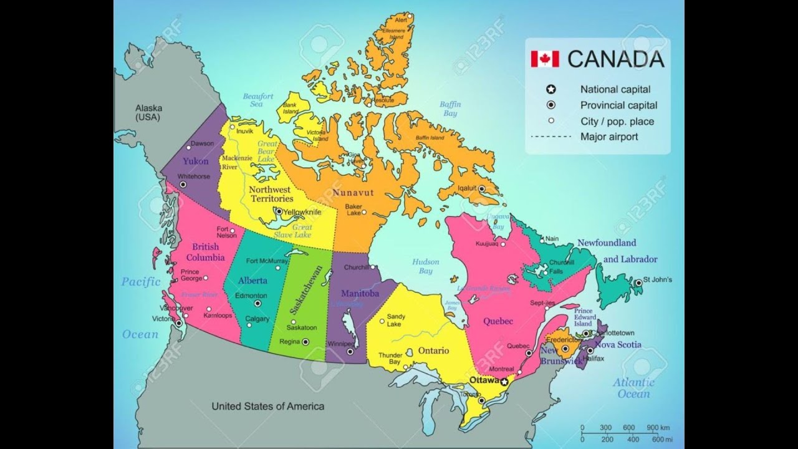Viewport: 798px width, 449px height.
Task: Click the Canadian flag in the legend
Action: (545, 59)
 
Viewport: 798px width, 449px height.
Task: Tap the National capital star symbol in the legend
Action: (550, 90)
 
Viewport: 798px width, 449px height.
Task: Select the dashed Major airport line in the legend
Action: (550, 137)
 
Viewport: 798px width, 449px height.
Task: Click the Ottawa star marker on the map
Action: (504, 382)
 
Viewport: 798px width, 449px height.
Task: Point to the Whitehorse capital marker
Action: (183, 185)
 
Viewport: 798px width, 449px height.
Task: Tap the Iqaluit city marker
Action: (481, 188)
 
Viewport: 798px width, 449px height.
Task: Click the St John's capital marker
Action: (638, 283)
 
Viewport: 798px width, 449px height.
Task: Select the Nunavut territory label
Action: (353, 193)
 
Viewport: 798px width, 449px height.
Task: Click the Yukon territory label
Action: (195, 161)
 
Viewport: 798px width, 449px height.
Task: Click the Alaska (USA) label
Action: (148, 112)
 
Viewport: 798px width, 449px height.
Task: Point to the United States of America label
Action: (267, 407)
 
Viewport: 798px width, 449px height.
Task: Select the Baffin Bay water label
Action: (450, 109)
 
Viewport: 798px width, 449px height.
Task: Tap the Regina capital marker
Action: (305, 342)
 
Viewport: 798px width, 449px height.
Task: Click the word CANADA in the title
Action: (615, 59)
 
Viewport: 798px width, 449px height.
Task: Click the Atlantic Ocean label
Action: (633, 388)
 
